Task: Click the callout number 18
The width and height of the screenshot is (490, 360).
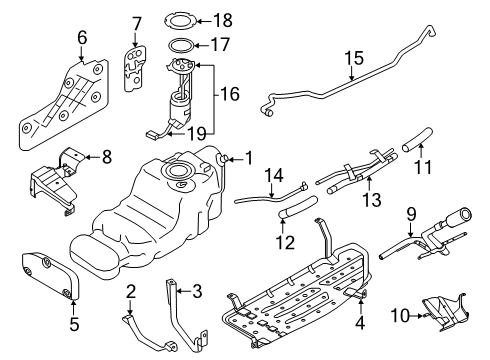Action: (x=222, y=21)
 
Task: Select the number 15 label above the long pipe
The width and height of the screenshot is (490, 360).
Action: (x=354, y=58)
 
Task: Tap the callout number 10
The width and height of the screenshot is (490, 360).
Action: (x=400, y=315)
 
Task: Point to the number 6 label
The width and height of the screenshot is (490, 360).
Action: (x=82, y=37)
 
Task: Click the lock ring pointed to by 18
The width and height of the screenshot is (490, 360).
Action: (x=180, y=21)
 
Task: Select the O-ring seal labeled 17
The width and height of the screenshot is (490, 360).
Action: (x=180, y=46)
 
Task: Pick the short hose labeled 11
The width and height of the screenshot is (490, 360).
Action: (x=418, y=139)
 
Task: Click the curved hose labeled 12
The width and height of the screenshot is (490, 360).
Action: (x=298, y=208)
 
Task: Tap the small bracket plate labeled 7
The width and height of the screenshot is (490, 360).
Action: (x=135, y=68)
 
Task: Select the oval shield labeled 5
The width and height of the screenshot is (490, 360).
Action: (x=50, y=275)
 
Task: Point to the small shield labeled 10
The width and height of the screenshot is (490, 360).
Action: (x=445, y=313)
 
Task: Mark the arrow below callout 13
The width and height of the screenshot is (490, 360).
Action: (x=369, y=183)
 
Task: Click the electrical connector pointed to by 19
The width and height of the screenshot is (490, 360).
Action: (x=152, y=135)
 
